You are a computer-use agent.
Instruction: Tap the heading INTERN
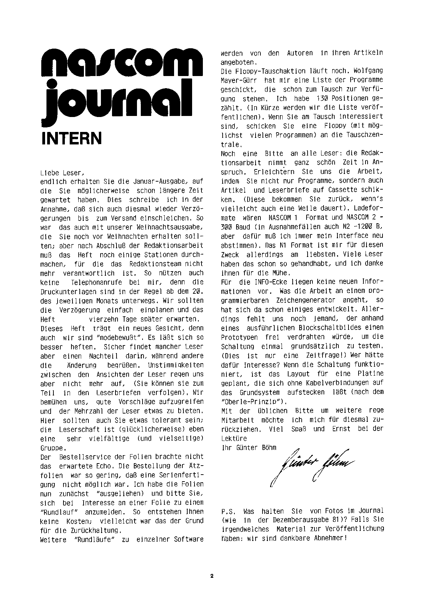pos(71,138)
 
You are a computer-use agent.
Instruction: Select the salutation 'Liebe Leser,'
pos(62,173)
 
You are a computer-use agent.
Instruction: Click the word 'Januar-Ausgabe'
pos(156,182)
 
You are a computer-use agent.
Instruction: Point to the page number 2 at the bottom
pos(212,576)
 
